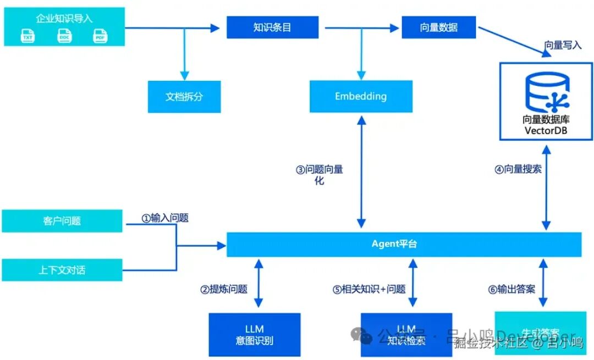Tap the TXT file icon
[x=28, y=36]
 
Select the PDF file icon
[x=100, y=36]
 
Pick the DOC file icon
[x=64, y=36]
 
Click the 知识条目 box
[x=272, y=27]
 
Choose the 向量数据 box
[x=438, y=27]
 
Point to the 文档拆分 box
[x=184, y=97]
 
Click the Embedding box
[x=361, y=97]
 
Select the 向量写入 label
[x=563, y=46]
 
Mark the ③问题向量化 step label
[x=320, y=175]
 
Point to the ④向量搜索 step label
[x=518, y=169]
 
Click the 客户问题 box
[x=62, y=221]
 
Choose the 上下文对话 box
[x=62, y=270]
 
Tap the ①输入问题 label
[x=165, y=218]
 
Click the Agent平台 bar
[x=404, y=244]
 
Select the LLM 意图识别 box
[x=255, y=335]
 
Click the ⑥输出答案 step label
[x=512, y=289]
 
